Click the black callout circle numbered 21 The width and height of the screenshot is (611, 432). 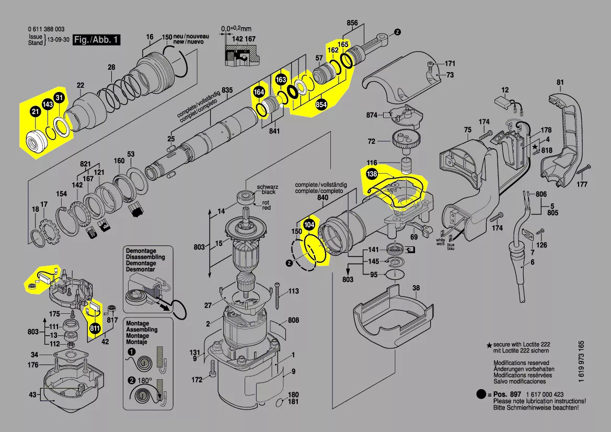[35, 111]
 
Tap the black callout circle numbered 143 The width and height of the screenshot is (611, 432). [47, 105]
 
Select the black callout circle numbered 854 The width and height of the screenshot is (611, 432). [321, 105]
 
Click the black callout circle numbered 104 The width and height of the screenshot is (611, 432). [309, 224]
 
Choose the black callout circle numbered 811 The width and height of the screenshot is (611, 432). [95, 328]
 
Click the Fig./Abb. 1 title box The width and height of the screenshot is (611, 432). [96, 40]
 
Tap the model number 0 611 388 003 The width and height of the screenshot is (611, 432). [47, 30]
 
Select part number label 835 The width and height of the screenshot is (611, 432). [226, 90]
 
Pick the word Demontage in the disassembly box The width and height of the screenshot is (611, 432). [141, 251]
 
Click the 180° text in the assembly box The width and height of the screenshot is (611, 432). [145, 381]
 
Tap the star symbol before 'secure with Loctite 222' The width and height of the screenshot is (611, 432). [489, 346]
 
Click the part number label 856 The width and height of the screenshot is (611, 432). [352, 23]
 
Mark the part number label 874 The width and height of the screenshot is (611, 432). [372, 115]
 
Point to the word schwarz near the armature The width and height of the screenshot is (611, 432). [267, 187]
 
